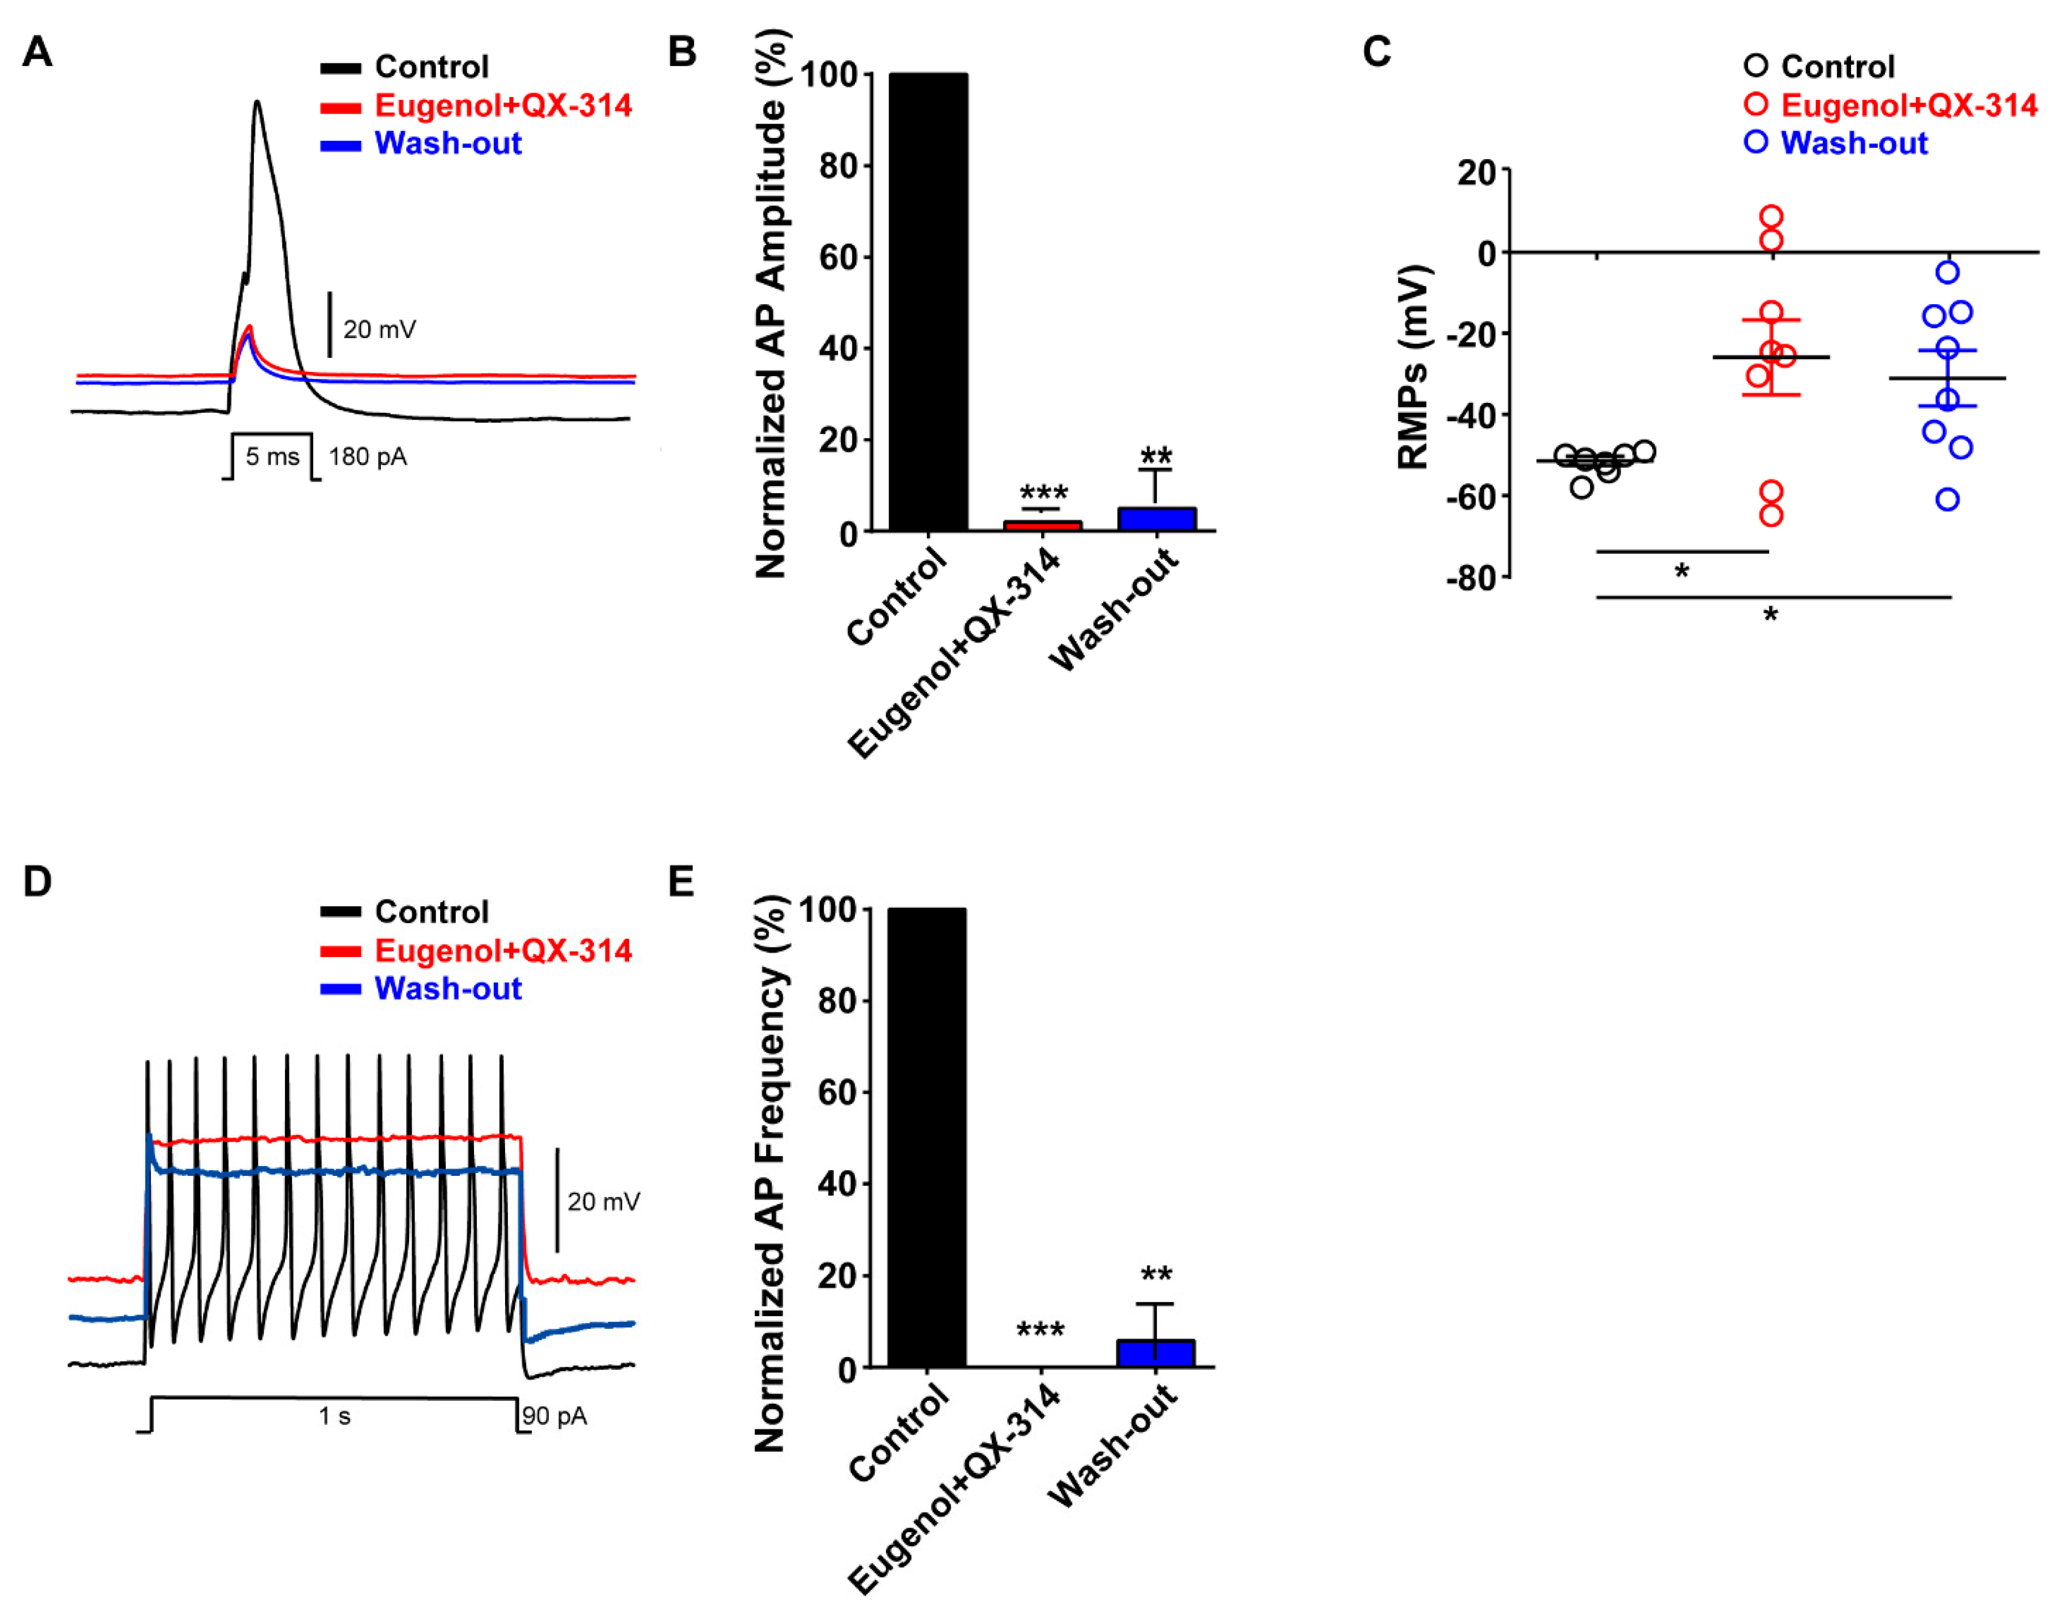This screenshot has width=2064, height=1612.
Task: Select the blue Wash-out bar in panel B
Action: pyautogui.click(x=1157, y=519)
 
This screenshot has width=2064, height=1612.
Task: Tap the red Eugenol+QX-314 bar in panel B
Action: pyautogui.click(x=1042, y=525)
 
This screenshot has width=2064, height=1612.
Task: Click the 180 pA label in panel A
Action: pyautogui.click(x=368, y=457)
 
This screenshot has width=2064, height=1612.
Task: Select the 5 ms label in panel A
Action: pyautogui.click(x=272, y=457)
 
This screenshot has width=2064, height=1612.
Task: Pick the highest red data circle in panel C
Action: pyautogui.click(x=1771, y=216)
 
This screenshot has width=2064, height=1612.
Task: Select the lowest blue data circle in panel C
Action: pyautogui.click(x=1947, y=499)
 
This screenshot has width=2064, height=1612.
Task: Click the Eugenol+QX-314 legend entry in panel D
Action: pyautogui.click(x=503, y=950)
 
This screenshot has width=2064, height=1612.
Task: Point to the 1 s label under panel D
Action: pyautogui.click(x=334, y=1415)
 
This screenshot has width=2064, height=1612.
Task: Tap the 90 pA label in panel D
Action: pyautogui.click(x=555, y=1415)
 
